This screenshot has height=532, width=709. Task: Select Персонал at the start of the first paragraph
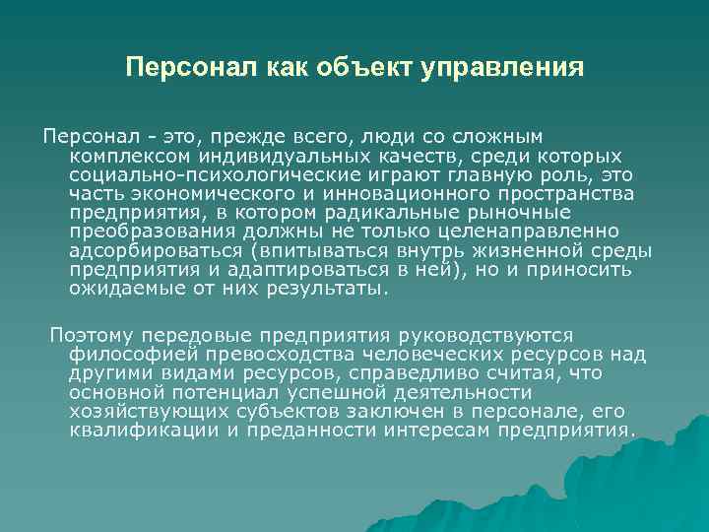pyautogui.click(x=85, y=135)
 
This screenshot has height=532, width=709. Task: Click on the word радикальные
pyautogui.click(x=375, y=213)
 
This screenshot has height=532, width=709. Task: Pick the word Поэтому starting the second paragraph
pyautogui.click(x=89, y=337)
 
